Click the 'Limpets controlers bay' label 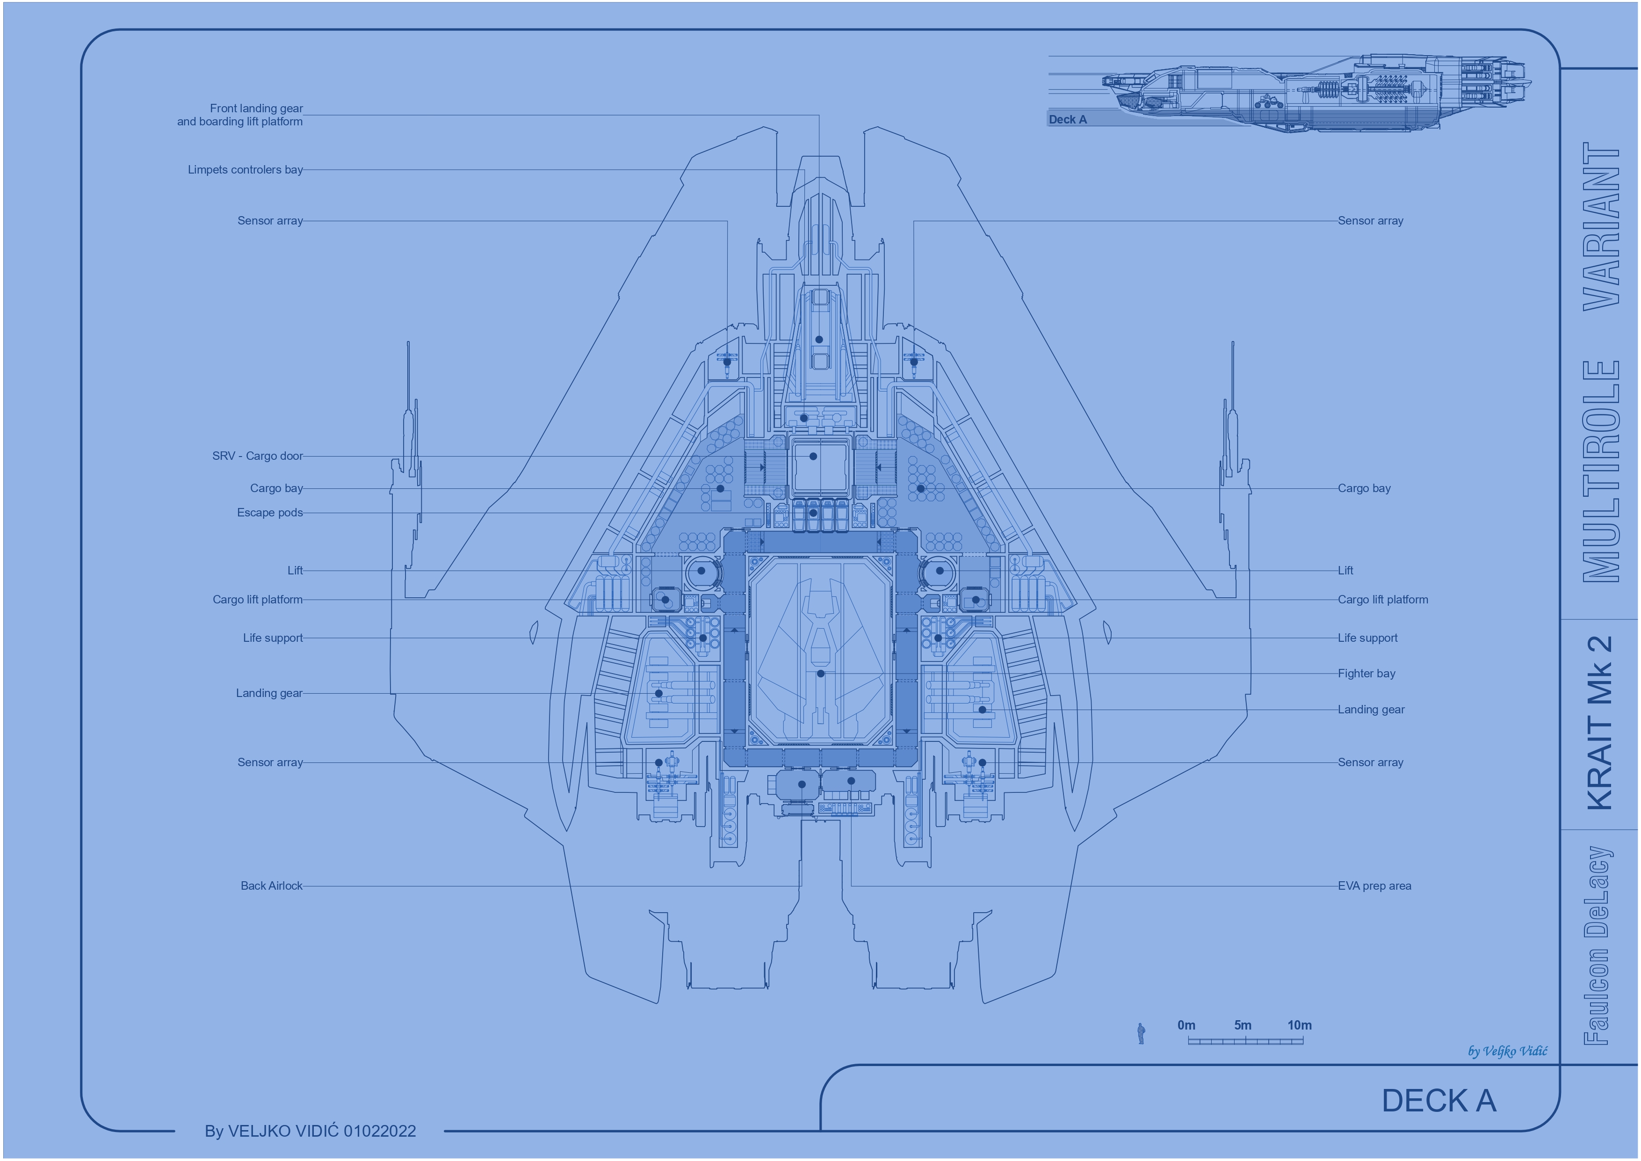[x=245, y=169]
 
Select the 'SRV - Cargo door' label [x=257, y=456]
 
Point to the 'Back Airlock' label [x=272, y=886]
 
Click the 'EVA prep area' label [x=1374, y=886]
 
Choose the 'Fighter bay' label [x=1366, y=674]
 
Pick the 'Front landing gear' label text [x=257, y=109]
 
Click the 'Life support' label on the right [x=1367, y=638]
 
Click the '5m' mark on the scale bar [x=1243, y=1025]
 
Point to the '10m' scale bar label [x=1299, y=1025]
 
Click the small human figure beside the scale [x=1141, y=1034]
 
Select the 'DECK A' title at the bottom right [x=1439, y=1101]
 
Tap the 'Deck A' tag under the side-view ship [x=1067, y=119]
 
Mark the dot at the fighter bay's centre [x=820, y=674]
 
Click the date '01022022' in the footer [x=380, y=1131]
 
